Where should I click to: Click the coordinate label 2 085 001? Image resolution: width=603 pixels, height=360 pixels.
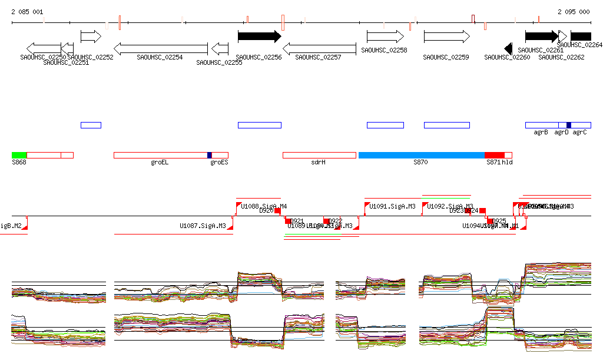tap(27, 12)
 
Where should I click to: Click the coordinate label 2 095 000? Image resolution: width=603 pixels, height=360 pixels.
tap(574, 12)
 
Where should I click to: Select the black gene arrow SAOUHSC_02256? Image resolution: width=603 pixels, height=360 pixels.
tap(259, 37)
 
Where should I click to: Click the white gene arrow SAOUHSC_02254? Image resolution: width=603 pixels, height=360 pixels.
tap(160, 48)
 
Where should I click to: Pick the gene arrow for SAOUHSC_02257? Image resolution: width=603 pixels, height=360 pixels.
tap(319, 48)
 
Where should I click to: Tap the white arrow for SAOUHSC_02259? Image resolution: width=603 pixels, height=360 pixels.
tap(446, 37)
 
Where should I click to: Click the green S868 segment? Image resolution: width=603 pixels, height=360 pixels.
tap(19, 155)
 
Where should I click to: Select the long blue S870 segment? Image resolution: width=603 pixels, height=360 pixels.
tap(422, 155)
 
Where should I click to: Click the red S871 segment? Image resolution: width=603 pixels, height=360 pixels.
tap(495, 155)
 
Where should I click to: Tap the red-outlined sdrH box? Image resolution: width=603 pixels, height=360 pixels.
tap(319, 155)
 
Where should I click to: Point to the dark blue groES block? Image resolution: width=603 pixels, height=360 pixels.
tap(209, 155)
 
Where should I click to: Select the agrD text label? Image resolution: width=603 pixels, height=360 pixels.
tap(561, 133)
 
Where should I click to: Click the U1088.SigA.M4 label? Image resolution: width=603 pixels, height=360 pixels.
tap(264, 206)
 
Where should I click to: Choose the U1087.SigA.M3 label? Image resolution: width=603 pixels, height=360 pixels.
tap(203, 226)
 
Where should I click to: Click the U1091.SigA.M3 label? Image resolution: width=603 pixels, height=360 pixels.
tap(392, 206)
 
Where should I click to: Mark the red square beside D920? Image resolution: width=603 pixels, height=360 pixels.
tap(277, 210)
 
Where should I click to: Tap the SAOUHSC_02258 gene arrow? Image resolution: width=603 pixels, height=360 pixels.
tap(385, 37)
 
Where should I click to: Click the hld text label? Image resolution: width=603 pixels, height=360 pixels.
tap(507, 162)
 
